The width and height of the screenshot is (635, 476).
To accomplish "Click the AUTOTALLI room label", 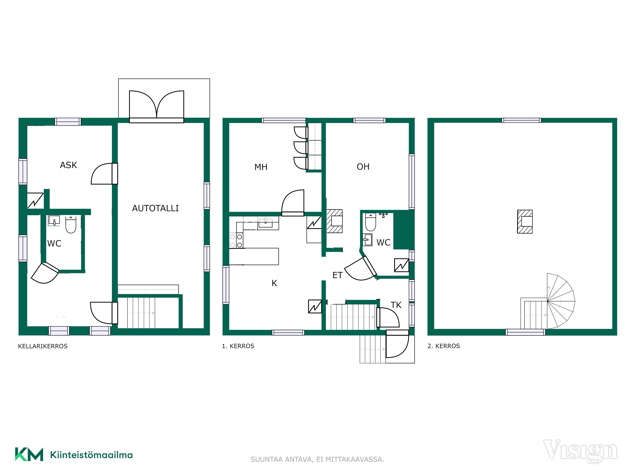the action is pos(155,208).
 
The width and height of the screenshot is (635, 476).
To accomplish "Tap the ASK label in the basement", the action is pos(69,165).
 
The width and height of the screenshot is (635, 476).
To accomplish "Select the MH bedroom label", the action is pos(261,167).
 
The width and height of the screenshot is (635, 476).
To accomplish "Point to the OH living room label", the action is pos(363,167).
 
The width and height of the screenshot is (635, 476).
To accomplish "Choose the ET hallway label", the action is pos(338,275).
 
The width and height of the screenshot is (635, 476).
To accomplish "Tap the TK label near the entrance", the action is pos(396,305).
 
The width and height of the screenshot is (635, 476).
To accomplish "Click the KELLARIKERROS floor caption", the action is pos(43,346).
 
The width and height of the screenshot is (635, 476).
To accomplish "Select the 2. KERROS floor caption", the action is pos(444,346).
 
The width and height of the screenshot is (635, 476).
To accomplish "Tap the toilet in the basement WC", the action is pos(71,225).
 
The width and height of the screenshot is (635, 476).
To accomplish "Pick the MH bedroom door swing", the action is pos(293,203).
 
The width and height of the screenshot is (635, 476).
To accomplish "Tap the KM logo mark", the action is pos(29,454).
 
